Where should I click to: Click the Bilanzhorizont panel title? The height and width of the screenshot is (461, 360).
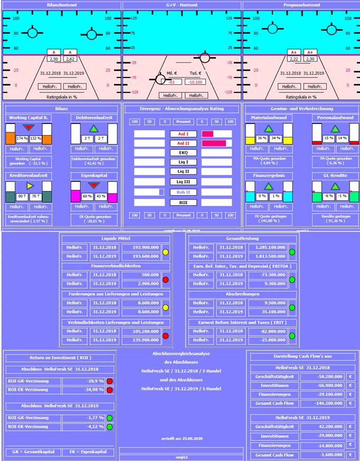[x=61, y=5]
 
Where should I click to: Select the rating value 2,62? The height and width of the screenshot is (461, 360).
[x=71, y=59]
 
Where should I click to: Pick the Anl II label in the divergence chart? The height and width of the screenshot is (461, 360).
[x=183, y=143]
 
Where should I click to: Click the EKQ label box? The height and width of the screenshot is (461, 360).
[x=183, y=153]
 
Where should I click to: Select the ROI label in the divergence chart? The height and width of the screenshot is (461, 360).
[x=183, y=202]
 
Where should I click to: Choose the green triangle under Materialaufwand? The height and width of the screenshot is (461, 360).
[x=268, y=128]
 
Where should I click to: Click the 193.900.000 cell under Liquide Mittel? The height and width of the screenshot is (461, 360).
[x=141, y=247]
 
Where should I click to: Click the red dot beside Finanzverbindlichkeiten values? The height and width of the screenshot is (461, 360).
[x=166, y=280]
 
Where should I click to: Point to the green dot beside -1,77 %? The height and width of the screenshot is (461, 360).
[x=110, y=418]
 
